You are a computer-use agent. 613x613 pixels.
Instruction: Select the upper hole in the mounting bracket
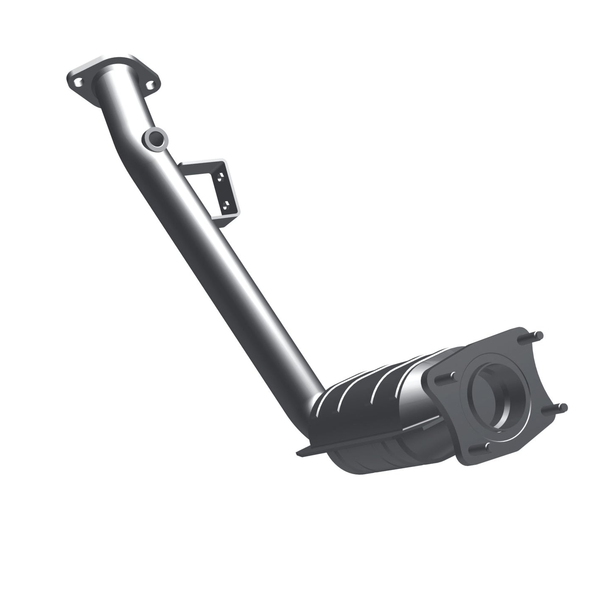(220, 179)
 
